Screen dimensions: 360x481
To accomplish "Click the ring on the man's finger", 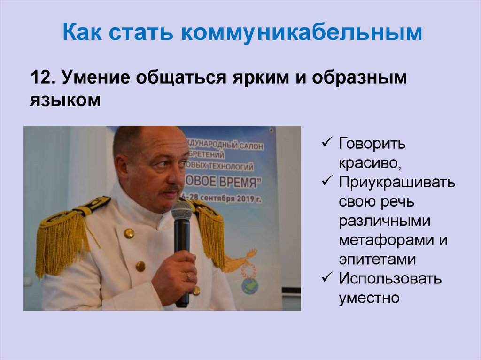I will [x=188, y=276].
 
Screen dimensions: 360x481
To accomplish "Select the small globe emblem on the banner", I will [x=250, y=286].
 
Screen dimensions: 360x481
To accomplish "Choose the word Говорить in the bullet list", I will [x=372, y=144].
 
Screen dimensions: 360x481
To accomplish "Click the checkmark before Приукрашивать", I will [x=327, y=181].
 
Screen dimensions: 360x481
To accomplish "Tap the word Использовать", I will [x=390, y=278].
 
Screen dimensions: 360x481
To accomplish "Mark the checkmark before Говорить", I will [x=327, y=143].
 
